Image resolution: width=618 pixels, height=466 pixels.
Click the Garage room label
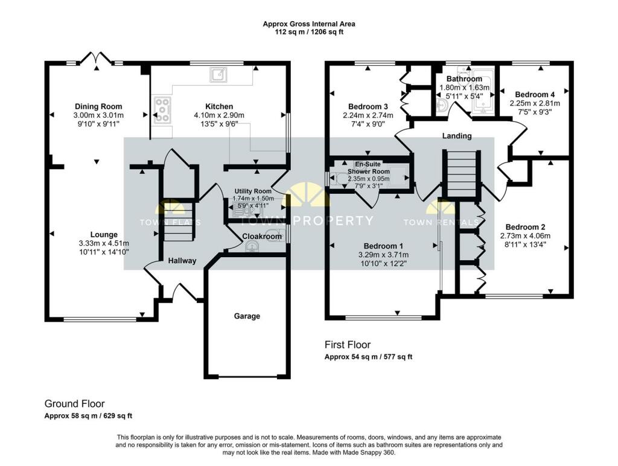pyautogui.click(x=247, y=316)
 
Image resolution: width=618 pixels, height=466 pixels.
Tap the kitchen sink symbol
pyautogui.click(x=218, y=74)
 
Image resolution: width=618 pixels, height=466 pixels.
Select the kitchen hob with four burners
pyautogui.click(x=162, y=110)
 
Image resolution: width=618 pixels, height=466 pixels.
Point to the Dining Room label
pyautogui.click(x=98, y=106)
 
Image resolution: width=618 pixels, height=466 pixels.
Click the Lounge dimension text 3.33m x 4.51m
pyautogui.click(x=104, y=243)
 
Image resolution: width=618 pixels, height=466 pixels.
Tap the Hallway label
pyautogui.click(x=182, y=261)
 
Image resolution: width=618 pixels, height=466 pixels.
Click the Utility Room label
pyautogui.click(x=253, y=191)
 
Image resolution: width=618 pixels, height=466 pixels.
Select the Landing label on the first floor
pyautogui.click(x=457, y=136)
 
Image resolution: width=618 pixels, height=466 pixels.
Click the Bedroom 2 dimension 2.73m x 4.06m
pyautogui.click(x=526, y=236)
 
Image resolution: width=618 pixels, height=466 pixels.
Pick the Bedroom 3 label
pyautogui.click(x=368, y=106)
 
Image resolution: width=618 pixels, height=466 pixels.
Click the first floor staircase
pyautogui.click(x=462, y=173)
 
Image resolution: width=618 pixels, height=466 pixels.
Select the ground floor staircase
pyautogui.click(x=179, y=222)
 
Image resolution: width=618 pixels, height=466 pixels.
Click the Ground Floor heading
pyautogui.click(x=74, y=404)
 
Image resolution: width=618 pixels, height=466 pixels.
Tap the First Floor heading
pyautogui.click(x=348, y=345)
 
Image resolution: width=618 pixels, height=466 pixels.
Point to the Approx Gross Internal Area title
pyautogui.click(x=309, y=24)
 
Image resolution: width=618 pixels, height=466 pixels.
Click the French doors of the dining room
pyautogui.click(x=97, y=58)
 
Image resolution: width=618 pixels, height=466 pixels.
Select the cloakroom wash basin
pyautogui.click(x=252, y=247)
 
